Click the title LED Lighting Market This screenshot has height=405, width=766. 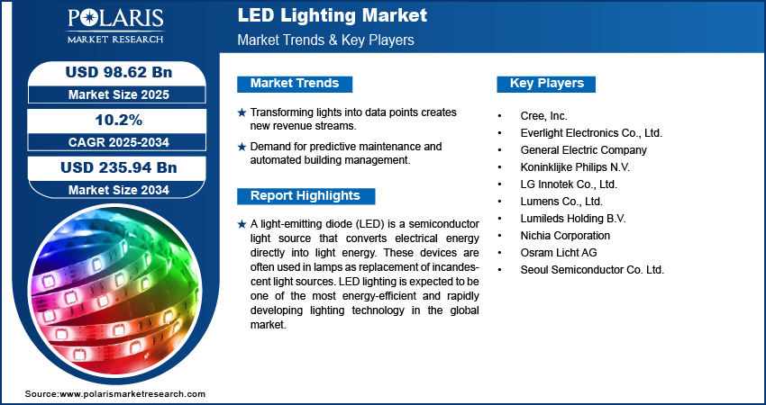(332, 16)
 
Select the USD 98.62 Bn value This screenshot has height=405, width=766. (113, 73)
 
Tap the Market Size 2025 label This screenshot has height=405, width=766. (113, 94)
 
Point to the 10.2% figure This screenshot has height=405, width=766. (113, 120)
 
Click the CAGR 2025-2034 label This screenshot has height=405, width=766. (113, 141)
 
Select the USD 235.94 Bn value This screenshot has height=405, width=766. (113, 167)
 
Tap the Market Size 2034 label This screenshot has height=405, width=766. (113, 189)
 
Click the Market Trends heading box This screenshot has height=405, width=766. (295, 84)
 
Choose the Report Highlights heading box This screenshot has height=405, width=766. (305, 195)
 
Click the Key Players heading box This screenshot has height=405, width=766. (547, 84)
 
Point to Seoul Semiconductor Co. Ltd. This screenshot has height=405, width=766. (593, 269)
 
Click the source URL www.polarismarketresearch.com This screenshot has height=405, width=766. (133, 394)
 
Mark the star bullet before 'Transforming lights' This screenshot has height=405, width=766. (241, 112)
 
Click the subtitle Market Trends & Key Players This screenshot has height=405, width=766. (325, 40)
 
